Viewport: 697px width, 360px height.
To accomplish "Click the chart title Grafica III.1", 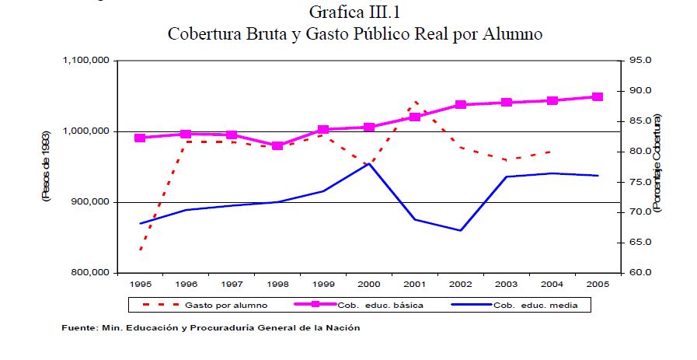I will click(353, 12).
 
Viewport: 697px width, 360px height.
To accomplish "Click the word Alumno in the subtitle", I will click(510, 35).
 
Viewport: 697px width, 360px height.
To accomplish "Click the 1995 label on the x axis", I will click(141, 284).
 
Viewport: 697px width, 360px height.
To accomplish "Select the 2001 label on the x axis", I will click(414, 284).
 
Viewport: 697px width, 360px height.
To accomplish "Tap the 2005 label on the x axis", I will click(597, 284).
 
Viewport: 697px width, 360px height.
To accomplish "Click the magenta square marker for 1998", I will click(277, 145).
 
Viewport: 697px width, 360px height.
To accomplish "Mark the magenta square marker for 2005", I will click(597, 97).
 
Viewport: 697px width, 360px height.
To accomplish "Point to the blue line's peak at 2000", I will click(369, 163).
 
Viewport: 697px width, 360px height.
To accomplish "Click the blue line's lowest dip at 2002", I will click(460, 230).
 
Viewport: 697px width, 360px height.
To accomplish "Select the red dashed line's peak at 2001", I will click(414, 101).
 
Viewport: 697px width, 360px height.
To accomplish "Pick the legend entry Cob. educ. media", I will click(536, 306).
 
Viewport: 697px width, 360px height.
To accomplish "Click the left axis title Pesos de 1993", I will click(46, 167).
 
